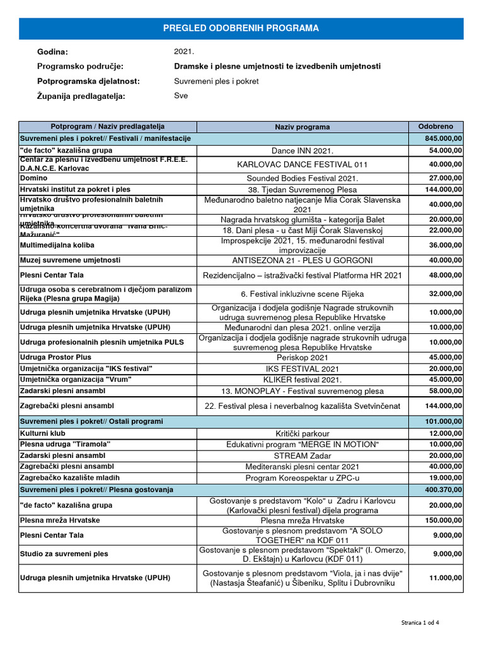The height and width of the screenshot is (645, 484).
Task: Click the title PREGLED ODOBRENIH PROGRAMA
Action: click(x=241, y=28)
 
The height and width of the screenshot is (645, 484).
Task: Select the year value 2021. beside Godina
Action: click(x=184, y=52)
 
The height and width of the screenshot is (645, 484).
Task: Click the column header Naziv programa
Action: click(x=302, y=127)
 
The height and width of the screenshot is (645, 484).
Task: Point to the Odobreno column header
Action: click(x=435, y=127)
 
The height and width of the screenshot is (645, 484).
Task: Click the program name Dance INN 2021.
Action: click(x=302, y=151)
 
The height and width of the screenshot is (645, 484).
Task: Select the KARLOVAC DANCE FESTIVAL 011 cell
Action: click(x=302, y=164)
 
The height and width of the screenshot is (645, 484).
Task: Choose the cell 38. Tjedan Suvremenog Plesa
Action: click(x=302, y=190)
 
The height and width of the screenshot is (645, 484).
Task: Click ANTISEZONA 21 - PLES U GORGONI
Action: click(x=302, y=261)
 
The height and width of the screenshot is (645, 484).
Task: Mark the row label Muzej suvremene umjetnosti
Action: click(x=70, y=260)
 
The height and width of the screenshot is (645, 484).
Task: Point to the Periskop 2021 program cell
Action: click(x=302, y=357)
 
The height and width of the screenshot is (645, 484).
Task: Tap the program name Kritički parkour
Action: click(x=302, y=434)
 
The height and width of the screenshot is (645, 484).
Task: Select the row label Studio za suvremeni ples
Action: click(x=64, y=554)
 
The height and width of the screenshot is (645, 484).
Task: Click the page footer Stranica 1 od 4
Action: click(x=420, y=622)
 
